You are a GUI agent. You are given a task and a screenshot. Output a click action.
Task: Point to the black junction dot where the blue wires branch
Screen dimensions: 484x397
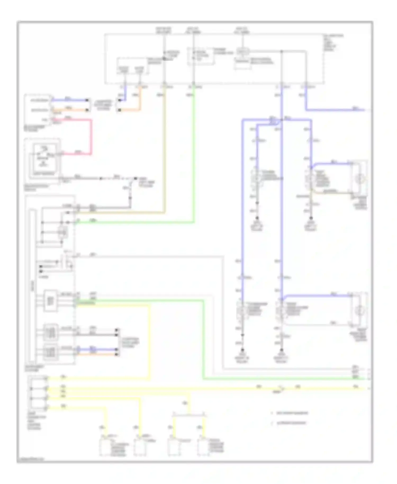(x=281, y=120)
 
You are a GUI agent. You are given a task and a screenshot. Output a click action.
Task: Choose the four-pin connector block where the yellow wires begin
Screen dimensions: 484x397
(x=39, y=393)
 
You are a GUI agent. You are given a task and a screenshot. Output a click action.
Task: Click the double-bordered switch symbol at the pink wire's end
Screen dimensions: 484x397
(x=44, y=159)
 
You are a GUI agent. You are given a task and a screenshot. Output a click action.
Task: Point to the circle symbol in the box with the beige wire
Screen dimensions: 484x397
(x=359, y=179)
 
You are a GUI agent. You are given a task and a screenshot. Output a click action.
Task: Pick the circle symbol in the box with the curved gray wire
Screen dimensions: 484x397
(x=359, y=310)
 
